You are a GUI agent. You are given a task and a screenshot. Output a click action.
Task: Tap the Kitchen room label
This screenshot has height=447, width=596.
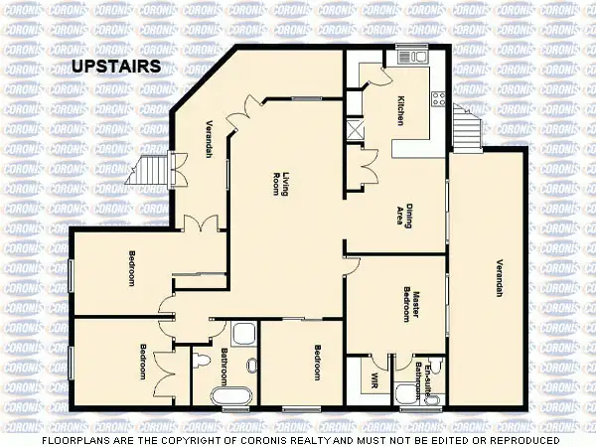pyautogui.click(x=400, y=109)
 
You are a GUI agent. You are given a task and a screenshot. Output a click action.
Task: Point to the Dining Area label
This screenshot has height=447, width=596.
pyautogui.click(x=402, y=210)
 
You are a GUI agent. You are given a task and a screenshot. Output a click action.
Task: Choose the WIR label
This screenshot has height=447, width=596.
pyautogui.click(x=374, y=379)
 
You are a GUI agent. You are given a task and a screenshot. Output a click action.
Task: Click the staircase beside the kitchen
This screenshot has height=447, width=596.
pyautogui.click(x=465, y=127)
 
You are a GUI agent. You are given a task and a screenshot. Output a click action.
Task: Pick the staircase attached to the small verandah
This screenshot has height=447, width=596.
pyautogui.click(x=152, y=171)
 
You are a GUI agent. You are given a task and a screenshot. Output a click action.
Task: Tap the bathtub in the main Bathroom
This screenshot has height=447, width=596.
pyautogui.click(x=235, y=397)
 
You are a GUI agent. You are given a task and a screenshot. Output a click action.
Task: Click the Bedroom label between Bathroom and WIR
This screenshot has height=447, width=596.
pyautogui.click(x=318, y=363)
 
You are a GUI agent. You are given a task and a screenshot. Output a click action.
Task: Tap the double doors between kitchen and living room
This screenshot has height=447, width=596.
pyautogui.click(x=368, y=161)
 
